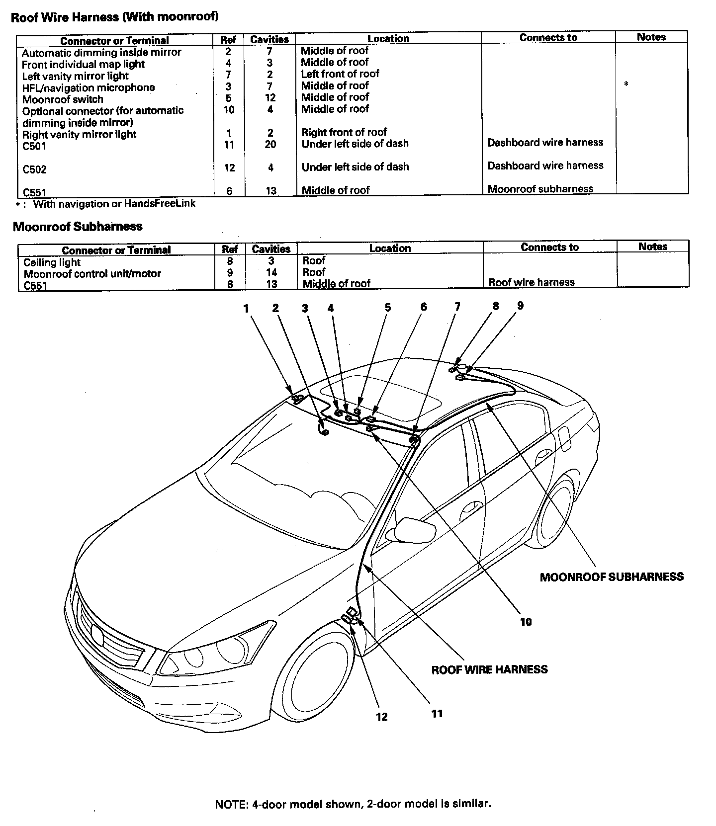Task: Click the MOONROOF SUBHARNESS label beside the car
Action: pyautogui.click(x=611, y=577)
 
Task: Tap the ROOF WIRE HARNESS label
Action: pyautogui.click(x=489, y=669)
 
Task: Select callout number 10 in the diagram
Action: pyautogui.click(x=526, y=622)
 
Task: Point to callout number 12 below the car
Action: pyautogui.click(x=381, y=717)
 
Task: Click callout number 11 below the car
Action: pyautogui.click(x=437, y=714)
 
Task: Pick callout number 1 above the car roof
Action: pyautogui.click(x=246, y=309)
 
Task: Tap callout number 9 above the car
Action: pyautogui.click(x=520, y=306)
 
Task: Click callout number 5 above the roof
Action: pyautogui.click(x=387, y=308)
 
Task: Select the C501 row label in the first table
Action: pyautogui.click(x=34, y=147)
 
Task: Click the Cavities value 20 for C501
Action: pyautogui.click(x=270, y=144)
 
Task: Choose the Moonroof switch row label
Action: pyautogui.click(x=63, y=99)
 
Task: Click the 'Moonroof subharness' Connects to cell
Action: pyautogui.click(x=540, y=189)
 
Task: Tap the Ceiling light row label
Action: pyautogui.click(x=52, y=262)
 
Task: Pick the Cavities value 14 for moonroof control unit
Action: pyautogui.click(x=271, y=272)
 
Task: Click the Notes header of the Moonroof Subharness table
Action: pyautogui.click(x=652, y=247)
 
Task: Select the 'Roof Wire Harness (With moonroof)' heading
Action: pyautogui.click(x=115, y=17)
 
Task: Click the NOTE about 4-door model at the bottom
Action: pyautogui.click(x=353, y=804)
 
